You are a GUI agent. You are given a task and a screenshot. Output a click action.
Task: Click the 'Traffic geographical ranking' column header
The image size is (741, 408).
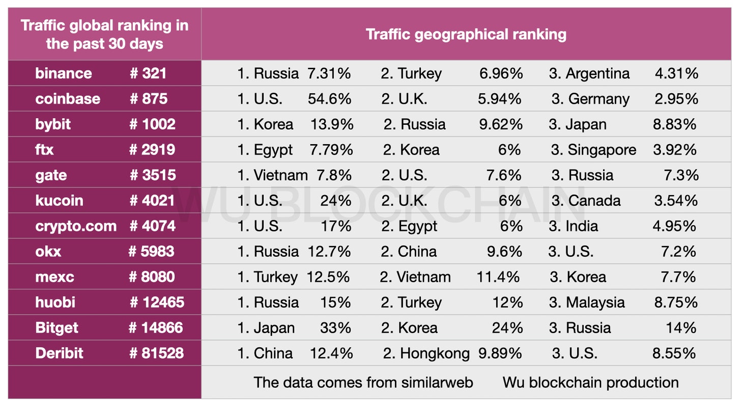[x=466, y=35]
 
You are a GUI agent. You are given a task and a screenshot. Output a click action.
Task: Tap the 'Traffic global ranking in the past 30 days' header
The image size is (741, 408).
[x=104, y=35]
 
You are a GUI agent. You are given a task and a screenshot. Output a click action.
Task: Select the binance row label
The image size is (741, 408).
[x=64, y=73]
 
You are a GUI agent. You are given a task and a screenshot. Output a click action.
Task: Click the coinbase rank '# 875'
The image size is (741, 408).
[x=148, y=99]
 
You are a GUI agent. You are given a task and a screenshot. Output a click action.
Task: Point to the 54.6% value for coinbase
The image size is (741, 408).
[x=329, y=99]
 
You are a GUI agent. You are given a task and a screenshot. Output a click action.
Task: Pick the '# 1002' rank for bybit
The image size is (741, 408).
[x=152, y=124]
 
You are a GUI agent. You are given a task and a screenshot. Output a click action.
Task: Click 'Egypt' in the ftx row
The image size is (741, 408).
[x=273, y=150]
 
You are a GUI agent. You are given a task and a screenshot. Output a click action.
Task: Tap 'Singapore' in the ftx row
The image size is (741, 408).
[x=602, y=150]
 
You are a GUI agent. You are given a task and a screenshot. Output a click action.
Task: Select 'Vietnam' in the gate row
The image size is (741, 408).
[x=281, y=175]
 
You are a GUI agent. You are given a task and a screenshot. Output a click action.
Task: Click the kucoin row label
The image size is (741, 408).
[x=59, y=201]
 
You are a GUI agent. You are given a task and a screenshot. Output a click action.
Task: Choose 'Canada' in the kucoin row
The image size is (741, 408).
[x=594, y=201]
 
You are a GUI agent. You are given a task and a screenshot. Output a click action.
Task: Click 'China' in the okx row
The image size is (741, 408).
[x=418, y=252]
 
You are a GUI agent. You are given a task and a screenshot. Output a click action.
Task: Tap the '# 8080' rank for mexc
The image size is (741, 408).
[x=152, y=277]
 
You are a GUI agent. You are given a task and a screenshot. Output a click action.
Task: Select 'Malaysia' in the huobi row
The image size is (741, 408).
[x=595, y=303]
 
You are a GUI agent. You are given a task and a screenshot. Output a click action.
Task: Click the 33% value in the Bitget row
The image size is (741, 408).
[x=335, y=328]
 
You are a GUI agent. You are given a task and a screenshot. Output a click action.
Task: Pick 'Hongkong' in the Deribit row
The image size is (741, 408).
[x=435, y=353]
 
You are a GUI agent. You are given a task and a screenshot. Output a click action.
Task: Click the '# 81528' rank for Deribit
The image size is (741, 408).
[x=156, y=353]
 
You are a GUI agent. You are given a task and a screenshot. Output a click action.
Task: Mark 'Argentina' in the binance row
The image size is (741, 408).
[x=597, y=73]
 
